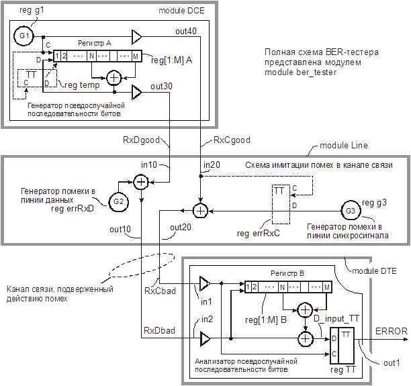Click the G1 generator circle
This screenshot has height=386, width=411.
tap(24, 35)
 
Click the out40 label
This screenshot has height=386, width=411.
tap(186, 31)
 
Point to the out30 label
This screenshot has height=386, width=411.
tap(162, 86)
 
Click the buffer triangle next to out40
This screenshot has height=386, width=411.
tap(136, 35)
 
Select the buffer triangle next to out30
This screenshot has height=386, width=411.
tap(136, 91)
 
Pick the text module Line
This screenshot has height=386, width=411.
tap(342, 146)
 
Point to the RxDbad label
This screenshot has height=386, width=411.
tap(158, 332)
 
